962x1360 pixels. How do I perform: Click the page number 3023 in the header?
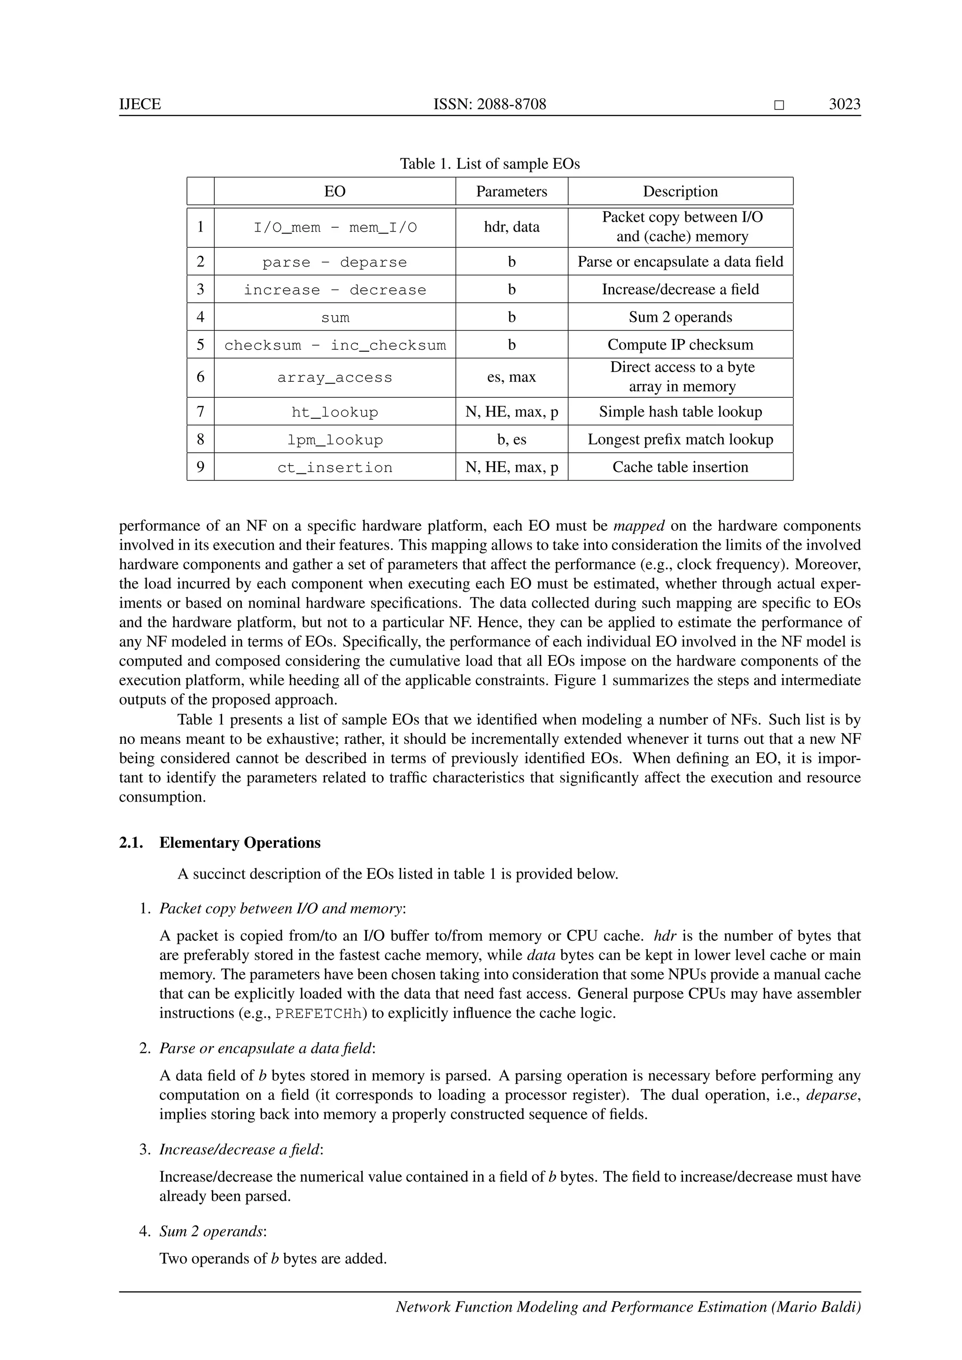tap(844, 105)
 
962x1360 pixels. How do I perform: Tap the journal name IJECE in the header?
tap(140, 105)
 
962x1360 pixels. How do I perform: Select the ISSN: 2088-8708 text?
tap(489, 105)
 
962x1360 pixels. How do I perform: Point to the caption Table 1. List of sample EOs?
tap(489, 163)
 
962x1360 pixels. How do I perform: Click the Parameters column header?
tap(511, 191)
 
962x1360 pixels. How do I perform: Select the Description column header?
tap(680, 191)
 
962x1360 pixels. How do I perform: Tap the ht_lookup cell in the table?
tap(335, 412)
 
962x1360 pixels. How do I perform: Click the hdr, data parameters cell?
tap(511, 227)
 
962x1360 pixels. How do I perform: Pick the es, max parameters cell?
tap(511, 377)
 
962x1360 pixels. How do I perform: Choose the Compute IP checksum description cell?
tap(680, 345)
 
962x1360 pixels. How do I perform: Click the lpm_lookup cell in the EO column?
tap(335, 440)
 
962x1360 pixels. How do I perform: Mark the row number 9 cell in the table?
tap(200, 467)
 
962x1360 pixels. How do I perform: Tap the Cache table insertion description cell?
tap(680, 467)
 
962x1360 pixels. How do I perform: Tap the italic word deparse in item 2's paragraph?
tap(832, 1095)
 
